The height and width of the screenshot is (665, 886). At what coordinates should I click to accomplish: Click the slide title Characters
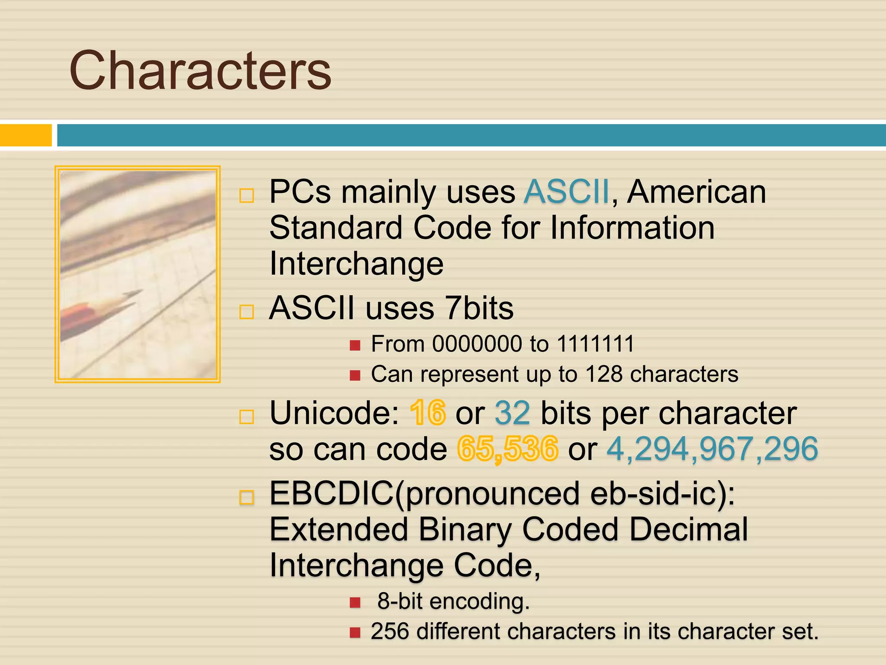coord(200,71)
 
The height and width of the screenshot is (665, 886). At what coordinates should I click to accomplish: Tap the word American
coord(697,192)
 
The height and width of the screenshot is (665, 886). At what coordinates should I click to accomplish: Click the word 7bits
coord(479,308)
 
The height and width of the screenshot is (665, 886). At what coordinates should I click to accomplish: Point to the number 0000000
coord(477,344)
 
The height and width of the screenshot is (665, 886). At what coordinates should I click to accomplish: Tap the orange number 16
coord(427,413)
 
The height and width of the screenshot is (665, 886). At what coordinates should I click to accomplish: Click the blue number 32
coord(512,413)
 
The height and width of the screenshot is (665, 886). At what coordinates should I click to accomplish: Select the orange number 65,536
coord(507,449)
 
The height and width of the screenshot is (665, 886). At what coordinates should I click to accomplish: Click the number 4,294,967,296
coord(712,449)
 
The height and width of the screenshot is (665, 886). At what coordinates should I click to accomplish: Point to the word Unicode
coord(334,413)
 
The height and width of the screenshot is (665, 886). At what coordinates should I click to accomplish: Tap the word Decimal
coord(688,529)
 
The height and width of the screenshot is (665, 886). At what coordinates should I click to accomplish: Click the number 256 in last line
coord(390,631)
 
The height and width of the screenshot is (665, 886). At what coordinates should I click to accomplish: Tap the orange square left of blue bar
coord(26,135)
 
